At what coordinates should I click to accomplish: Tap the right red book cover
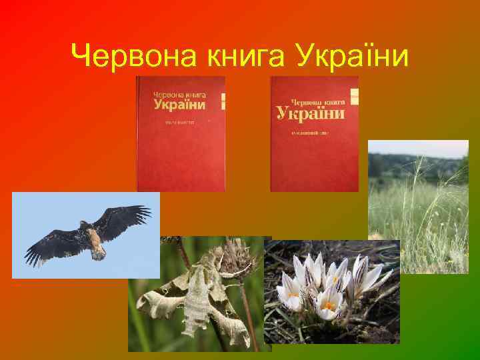pos(313,133)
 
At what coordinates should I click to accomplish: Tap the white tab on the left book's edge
pos(223,101)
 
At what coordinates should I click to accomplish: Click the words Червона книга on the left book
pos(179,95)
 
